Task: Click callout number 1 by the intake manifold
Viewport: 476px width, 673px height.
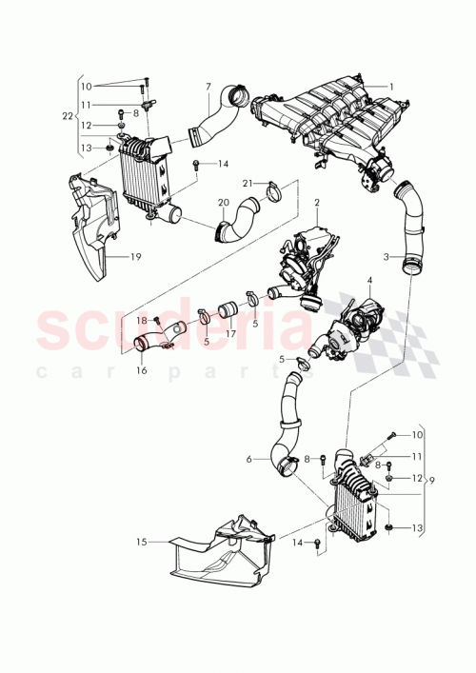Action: pos(389,87)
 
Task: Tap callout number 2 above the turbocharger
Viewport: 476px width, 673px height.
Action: pos(317,203)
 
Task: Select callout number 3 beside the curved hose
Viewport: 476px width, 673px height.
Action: pos(387,257)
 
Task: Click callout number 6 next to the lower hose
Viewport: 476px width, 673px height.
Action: pos(248,459)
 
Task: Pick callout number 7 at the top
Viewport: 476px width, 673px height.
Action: pos(208,89)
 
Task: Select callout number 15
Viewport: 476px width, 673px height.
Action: pos(141,543)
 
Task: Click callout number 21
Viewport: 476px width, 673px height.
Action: pos(245,183)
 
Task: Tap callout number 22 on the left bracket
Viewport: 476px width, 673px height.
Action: pos(67,115)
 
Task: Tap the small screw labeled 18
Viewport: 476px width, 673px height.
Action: pos(155,320)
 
